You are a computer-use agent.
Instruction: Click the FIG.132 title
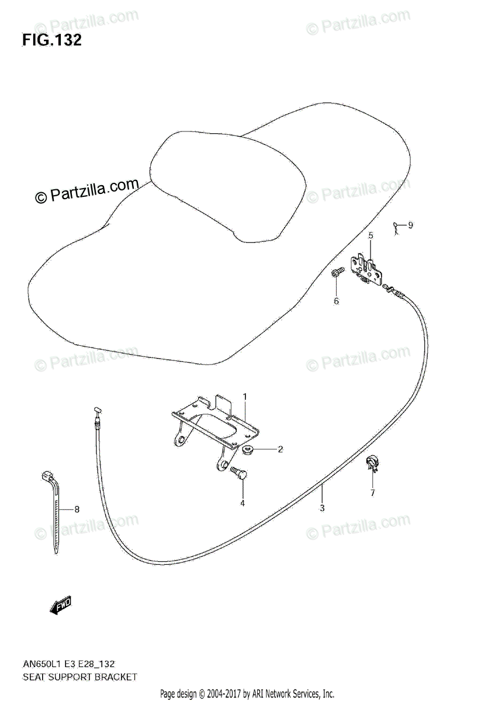(x=51, y=40)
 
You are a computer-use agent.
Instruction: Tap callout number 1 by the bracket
(x=245, y=397)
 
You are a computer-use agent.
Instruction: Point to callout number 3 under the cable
(x=322, y=508)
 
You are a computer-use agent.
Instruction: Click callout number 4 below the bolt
(x=242, y=502)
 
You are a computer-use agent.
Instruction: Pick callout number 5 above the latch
(x=370, y=235)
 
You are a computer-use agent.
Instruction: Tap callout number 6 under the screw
(x=336, y=301)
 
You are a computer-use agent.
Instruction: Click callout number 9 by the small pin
(x=410, y=225)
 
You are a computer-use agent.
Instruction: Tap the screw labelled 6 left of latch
(x=336, y=272)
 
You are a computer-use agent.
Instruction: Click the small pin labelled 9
(x=395, y=227)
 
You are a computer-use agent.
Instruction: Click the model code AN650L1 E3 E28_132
(x=68, y=664)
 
